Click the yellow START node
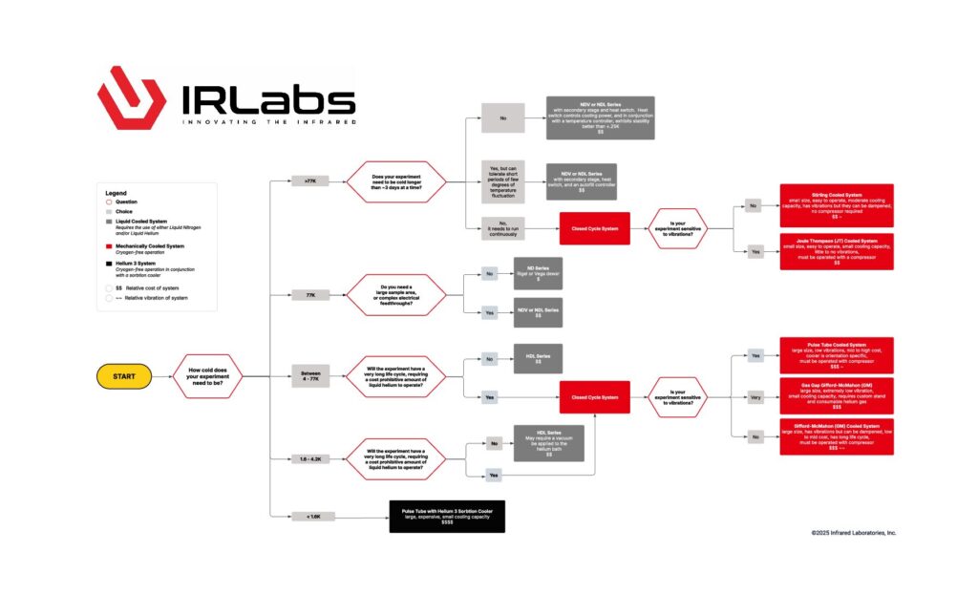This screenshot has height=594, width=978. coord(124,376)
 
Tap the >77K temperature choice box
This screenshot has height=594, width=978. coord(309,180)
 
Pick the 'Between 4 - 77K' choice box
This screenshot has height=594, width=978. coord(309,376)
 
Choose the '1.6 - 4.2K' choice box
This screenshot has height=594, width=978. coord(308,459)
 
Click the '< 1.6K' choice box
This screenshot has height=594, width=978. coord(308,517)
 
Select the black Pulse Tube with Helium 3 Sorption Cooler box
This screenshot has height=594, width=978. coord(447,515)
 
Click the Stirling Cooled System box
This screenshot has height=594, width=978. coord(837,204)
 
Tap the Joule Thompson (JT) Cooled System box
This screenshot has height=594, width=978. coord(837,251)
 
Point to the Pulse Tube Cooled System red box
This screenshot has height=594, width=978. coord(837,354)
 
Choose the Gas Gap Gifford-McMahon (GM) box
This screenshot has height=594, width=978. coord(837,394)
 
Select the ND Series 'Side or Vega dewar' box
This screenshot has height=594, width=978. coord(538,273)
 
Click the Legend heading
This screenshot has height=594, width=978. coord(116,193)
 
